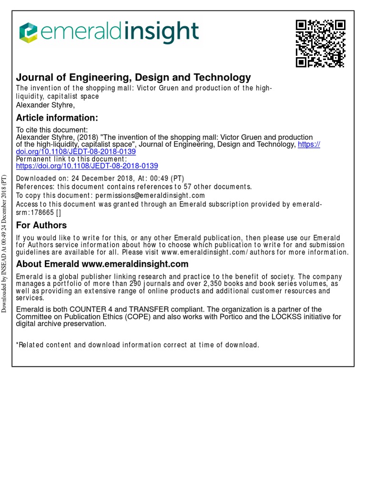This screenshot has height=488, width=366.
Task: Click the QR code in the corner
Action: click(320, 43)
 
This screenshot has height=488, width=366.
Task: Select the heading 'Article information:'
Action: click(57, 118)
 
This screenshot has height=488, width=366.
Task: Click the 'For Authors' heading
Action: click(41, 225)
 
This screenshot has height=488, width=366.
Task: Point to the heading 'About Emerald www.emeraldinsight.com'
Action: click(102, 264)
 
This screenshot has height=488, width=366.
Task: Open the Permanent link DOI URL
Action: click(87, 166)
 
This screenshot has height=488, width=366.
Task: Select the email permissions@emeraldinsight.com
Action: click(150, 195)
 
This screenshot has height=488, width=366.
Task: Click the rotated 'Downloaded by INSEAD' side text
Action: click(4, 244)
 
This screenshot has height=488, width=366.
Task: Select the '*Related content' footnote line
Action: click(137, 345)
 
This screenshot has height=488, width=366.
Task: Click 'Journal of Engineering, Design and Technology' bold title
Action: click(133, 77)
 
